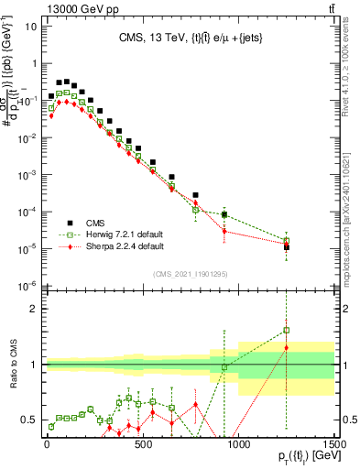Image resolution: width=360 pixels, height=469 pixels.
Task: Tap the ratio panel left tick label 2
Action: coord(34,309)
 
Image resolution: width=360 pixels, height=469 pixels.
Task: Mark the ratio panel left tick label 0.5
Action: coord(30,420)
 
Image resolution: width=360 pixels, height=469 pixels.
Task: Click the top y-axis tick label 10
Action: coord(30,26)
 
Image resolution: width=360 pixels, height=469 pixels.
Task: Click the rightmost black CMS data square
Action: coord(287,246)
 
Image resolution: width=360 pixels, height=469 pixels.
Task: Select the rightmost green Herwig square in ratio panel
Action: coord(287,330)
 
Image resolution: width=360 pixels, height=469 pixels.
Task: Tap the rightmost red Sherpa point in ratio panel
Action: coord(287,348)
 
